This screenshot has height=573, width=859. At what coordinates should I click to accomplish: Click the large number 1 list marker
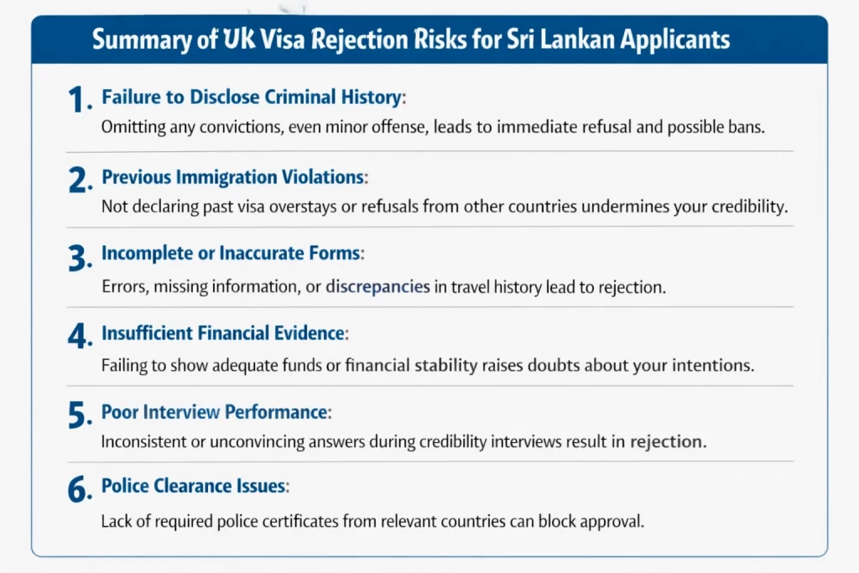pos(76,100)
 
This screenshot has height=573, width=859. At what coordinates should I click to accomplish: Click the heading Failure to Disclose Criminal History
pos(252,97)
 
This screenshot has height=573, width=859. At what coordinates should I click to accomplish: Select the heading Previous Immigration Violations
pos(233,177)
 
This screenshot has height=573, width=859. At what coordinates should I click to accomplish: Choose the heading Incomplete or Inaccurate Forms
pos(231,253)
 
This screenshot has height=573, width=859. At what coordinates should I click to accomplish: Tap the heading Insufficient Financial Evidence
pos(223,333)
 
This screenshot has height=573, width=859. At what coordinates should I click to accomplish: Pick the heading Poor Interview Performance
pos(214,412)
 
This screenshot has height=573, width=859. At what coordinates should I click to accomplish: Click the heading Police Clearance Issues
pos(194,486)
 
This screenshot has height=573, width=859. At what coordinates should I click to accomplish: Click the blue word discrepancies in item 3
pos(377,287)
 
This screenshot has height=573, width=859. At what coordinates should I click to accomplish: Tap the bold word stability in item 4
pos(446,366)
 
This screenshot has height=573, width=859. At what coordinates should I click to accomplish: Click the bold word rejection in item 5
pos(666,441)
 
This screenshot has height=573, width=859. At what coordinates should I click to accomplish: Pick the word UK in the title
pos(239,40)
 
